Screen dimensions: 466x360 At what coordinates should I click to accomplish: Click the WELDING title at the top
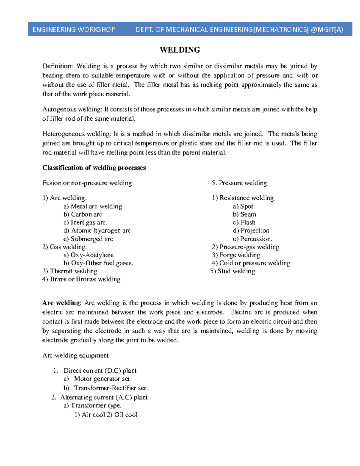coord(180,50)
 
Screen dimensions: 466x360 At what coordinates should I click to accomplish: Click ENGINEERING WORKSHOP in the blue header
coord(74,29)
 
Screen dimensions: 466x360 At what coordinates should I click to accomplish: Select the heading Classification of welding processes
coord(94,168)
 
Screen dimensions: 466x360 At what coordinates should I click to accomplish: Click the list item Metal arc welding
coord(96,206)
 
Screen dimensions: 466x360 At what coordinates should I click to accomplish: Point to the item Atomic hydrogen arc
coord(100,231)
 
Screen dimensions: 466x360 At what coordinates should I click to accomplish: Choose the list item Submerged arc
coord(91,239)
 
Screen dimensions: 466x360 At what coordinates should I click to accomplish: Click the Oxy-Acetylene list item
coord(92,255)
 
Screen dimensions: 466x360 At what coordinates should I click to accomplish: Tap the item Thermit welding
coord(73,271)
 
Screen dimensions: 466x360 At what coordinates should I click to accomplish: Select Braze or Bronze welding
coord(85,279)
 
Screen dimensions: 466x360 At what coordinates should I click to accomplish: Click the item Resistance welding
coord(246,198)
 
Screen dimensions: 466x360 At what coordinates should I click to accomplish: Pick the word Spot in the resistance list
coord(246,206)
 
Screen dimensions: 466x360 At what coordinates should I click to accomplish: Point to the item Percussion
coord(256,239)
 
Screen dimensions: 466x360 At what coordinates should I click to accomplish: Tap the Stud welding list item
coord(236,271)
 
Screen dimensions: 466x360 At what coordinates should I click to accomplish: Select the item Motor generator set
coord(102,379)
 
